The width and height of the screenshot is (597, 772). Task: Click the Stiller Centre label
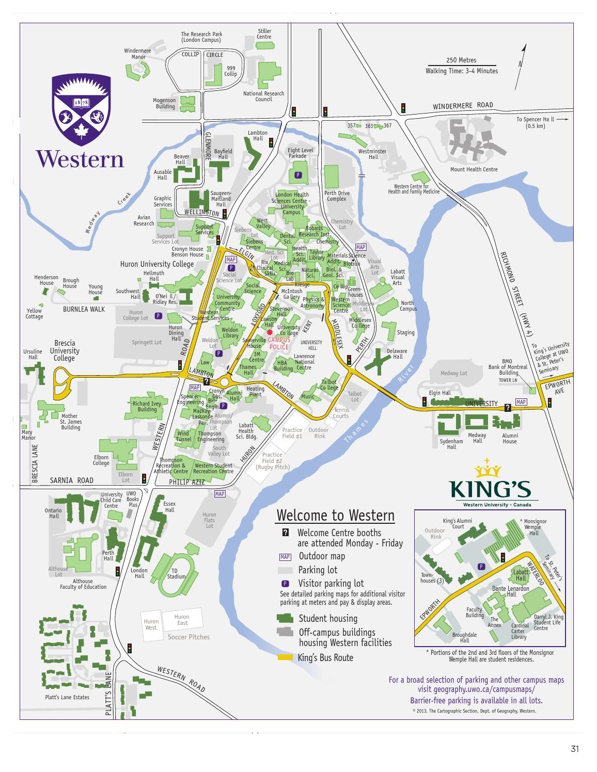(x=264, y=34)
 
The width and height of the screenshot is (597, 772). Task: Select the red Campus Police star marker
(x=270, y=333)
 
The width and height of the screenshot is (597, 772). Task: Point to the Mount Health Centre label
(x=474, y=169)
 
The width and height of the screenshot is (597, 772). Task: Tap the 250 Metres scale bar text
(x=461, y=60)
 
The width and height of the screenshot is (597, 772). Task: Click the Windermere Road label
(x=463, y=106)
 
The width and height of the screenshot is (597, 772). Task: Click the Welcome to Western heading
(x=335, y=516)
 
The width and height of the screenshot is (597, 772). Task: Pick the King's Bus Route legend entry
(x=325, y=657)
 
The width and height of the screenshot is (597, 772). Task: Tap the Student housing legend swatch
(x=286, y=618)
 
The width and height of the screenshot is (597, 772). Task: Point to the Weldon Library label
(x=230, y=333)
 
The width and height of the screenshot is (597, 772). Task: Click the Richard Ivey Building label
(x=147, y=407)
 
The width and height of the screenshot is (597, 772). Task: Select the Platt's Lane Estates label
(x=67, y=697)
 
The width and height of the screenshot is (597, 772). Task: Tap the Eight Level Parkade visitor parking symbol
(x=297, y=175)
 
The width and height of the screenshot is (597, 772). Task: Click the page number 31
(x=574, y=749)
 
